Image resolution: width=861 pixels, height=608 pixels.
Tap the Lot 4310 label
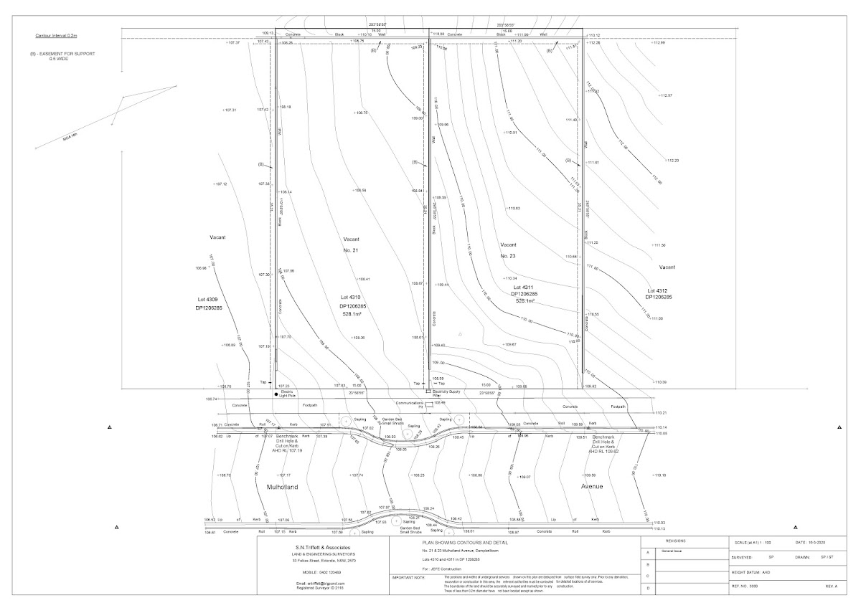351,296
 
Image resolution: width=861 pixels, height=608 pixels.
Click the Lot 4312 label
658,290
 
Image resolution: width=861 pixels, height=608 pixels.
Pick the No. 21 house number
351,250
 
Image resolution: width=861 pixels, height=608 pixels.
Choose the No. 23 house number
508,255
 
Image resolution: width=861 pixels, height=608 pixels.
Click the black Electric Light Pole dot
276,394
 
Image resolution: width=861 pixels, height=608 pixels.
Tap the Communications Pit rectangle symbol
428,405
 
